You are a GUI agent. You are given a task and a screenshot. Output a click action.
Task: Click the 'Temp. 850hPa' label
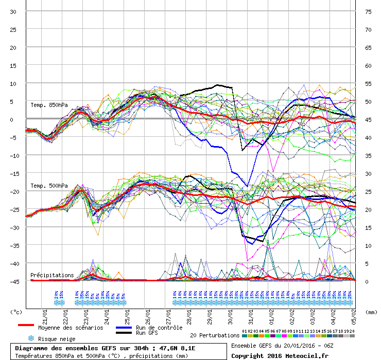pyautogui.click(x=49, y=105)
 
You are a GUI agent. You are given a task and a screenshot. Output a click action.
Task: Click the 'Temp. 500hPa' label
pyautogui.click(x=49, y=186)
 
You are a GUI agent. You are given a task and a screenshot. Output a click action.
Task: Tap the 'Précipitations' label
pyautogui.click(x=52, y=275)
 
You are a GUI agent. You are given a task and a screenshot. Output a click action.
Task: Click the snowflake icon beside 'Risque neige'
pyautogui.click(x=31, y=338)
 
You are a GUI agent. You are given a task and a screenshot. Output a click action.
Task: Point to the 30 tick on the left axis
pyautogui.click(x=13, y=12)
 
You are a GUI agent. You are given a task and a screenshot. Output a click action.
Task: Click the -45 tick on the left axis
pyautogui.click(x=13, y=281)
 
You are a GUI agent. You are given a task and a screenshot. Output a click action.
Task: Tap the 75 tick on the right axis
pyautogui.click(x=368, y=12)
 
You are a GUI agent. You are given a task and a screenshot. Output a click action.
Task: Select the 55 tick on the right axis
pyautogui.click(x=368, y=83)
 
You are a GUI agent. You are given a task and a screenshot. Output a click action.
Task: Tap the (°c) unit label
pyautogui.click(x=16, y=312)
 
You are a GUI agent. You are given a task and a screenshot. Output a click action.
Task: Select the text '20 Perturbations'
pyautogui.click(x=214, y=335)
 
